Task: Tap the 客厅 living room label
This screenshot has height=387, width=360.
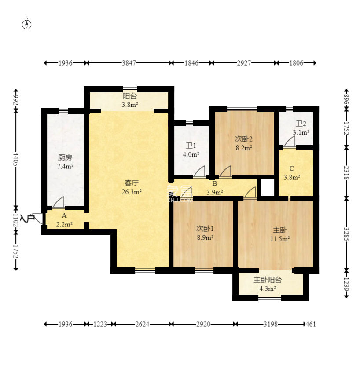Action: [131, 183]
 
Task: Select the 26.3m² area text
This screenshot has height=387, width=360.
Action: [132, 192]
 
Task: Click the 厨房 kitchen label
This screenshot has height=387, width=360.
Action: [65, 157]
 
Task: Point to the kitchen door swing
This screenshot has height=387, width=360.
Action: [59, 202]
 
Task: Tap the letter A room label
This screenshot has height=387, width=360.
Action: [64, 216]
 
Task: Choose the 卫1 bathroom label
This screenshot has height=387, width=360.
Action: [191, 146]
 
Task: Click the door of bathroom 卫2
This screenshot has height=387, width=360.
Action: [290, 142]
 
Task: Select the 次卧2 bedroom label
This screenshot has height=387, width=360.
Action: [243, 139]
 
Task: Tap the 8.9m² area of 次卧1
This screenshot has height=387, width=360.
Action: [205, 237]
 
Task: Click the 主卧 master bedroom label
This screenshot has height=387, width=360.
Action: [280, 230]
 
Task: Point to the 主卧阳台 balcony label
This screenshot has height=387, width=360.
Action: [268, 280]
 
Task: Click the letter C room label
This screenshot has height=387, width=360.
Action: [292, 168]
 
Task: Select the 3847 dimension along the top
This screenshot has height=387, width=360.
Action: [129, 63]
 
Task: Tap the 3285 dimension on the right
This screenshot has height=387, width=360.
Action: [346, 234]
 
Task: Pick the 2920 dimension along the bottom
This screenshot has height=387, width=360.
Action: [203, 324]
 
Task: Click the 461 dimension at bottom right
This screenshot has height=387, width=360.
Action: [311, 324]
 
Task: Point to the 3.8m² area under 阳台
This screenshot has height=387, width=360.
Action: [130, 105]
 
